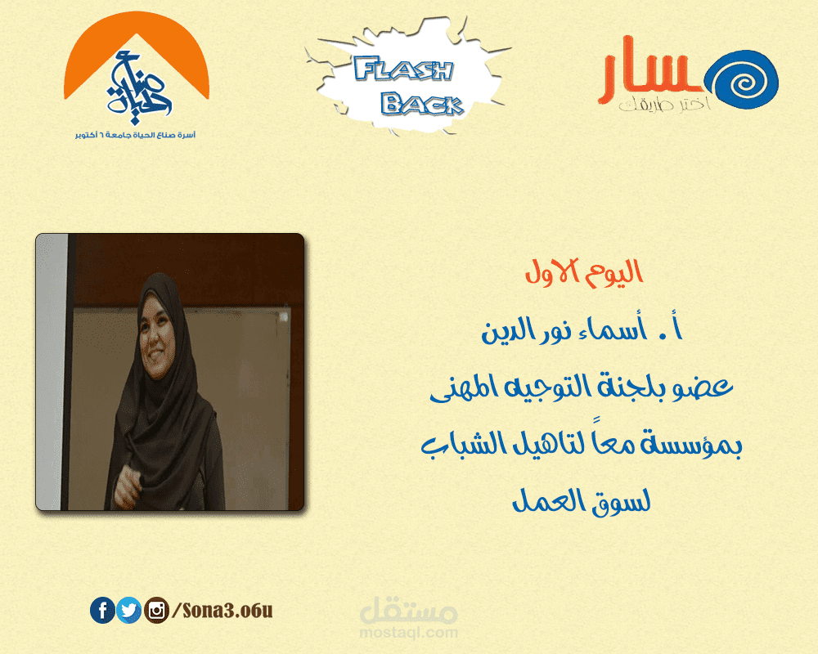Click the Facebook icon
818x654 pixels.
102,610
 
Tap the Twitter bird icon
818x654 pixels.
128,610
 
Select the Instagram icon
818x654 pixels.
155,610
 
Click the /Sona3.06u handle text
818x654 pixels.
216,610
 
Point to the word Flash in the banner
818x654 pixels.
404,70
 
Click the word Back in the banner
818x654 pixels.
422,103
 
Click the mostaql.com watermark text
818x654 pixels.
407,633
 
